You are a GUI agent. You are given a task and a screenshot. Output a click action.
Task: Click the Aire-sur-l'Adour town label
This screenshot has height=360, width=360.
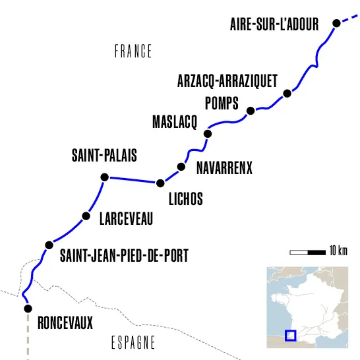coord(274,24)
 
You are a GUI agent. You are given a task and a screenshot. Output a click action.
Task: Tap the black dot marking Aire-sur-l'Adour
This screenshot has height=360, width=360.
coord(336,23)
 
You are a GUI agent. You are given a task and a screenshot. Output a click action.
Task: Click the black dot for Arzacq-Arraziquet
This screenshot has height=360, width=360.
coord(287,94)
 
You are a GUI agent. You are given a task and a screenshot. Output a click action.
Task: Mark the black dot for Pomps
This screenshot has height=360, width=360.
coord(250,110)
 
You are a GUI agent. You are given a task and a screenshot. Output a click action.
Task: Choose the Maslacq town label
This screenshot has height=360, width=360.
coord(175,123)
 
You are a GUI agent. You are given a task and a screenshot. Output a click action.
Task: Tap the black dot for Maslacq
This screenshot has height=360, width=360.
coord(208,134)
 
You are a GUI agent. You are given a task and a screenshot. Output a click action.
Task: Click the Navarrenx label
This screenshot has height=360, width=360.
coord(225,168)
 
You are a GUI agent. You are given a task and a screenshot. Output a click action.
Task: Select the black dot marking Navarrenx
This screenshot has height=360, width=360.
coord(181,167)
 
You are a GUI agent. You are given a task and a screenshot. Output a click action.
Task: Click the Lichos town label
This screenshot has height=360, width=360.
coord(185,198)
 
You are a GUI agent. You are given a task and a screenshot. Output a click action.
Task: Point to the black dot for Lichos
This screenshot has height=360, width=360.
coord(159,183)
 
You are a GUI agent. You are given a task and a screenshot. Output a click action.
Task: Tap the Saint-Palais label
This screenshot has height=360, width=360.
coord(104,157)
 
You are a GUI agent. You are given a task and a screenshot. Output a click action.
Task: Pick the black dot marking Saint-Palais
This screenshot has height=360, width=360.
coord(104,177)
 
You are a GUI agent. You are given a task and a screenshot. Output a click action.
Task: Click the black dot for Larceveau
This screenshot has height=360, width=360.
coord(85,216)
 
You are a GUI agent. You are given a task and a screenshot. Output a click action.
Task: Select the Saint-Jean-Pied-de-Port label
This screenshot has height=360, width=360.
coord(124,255)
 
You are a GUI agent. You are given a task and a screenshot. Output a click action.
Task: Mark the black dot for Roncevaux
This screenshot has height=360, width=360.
coord(28,308)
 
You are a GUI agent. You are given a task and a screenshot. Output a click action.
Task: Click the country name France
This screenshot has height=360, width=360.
coord(133,51)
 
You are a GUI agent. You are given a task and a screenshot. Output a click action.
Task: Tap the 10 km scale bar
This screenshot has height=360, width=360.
coord(308,251)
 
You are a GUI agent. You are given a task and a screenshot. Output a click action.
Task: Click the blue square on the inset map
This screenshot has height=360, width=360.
coord(290,335)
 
